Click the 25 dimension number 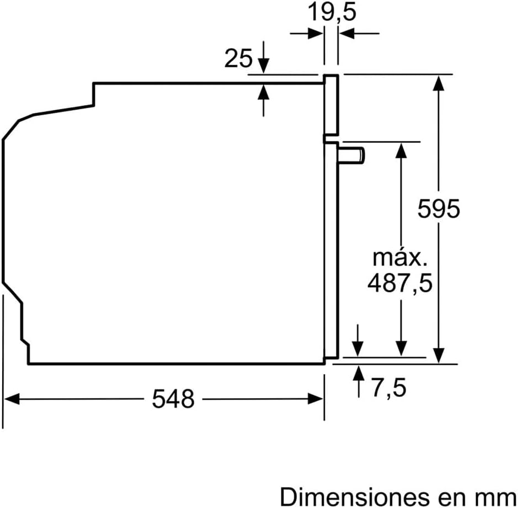point(238,58)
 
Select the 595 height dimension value point(439,209)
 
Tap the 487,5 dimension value point(400,284)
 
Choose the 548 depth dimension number point(173,399)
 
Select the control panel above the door point(330,105)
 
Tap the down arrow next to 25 point(264,66)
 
